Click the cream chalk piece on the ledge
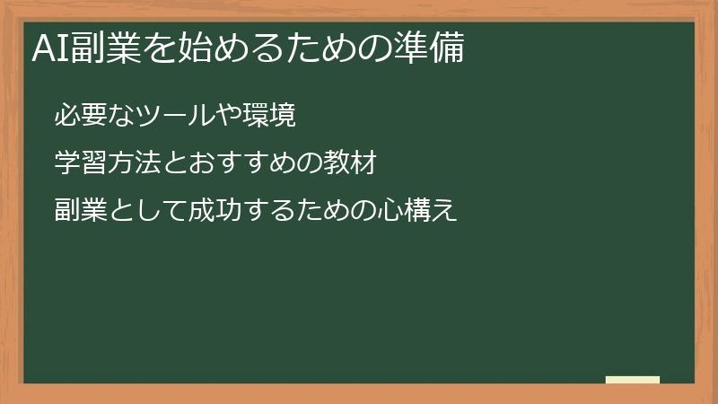point(632,380)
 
